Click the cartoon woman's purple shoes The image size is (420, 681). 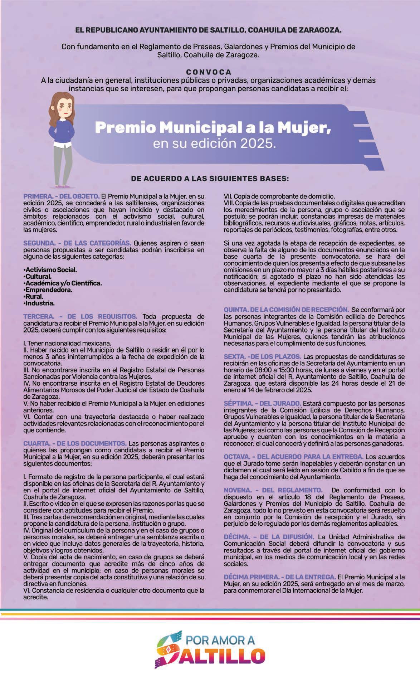pyautogui.click(x=63, y=186)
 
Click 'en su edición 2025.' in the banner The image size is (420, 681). pyautogui.click(x=215, y=144)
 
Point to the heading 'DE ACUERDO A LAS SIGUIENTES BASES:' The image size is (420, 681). pyautogui.click(x=210, y=178)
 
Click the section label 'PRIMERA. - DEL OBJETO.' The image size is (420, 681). pyautogui.click(x=61, y=196)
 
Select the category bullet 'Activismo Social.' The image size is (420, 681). pyautogui.click(x=50, y=270)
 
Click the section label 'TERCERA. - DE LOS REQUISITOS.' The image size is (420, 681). pyautogui.click(x=80, y=316)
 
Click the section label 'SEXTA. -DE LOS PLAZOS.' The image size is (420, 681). pyautogui.click(x=262, y=357)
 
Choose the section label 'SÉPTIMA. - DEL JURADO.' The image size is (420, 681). pyautogui.click(x=262, y=403)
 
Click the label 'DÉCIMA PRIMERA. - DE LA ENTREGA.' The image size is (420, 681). pyautogui.click(x=280, y=577)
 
